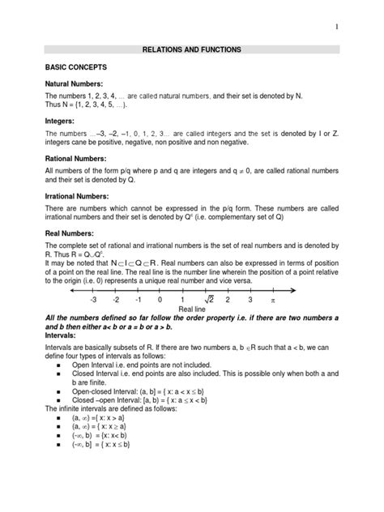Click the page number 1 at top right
click(356, 27)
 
